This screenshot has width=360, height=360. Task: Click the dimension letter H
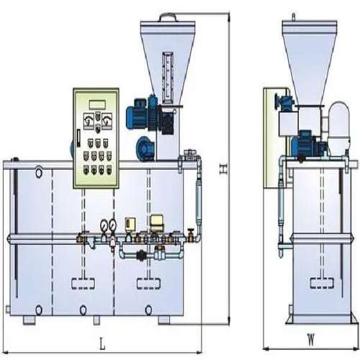[x=223, y=168]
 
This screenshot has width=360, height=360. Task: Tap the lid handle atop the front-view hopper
[x=166, y=13]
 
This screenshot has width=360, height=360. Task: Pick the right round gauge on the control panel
[x=107, y=118]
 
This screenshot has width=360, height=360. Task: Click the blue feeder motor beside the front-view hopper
[x=139, y=113]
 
